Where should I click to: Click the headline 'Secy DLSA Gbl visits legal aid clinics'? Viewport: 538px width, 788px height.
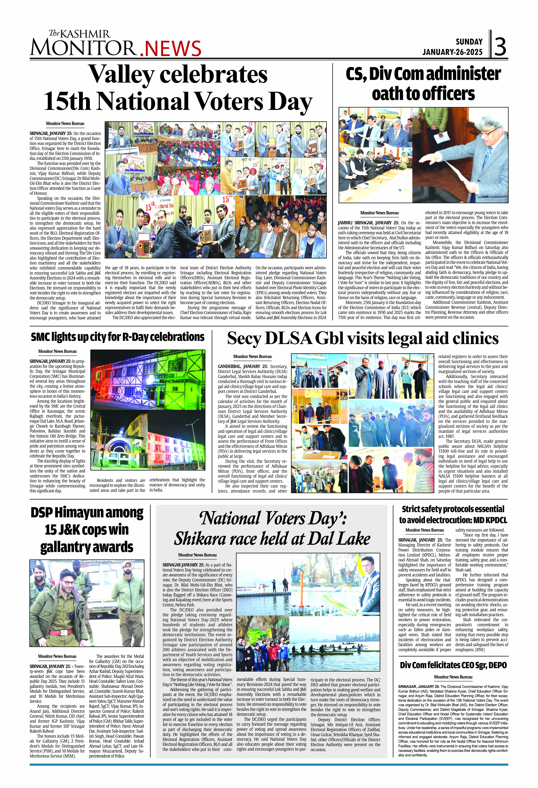click(x=363, y=338)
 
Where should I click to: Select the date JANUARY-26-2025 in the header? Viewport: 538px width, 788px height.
click(x=452, y=52)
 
